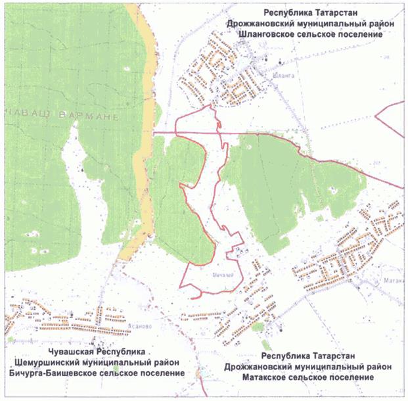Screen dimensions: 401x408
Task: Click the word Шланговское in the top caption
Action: pos(276,34)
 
